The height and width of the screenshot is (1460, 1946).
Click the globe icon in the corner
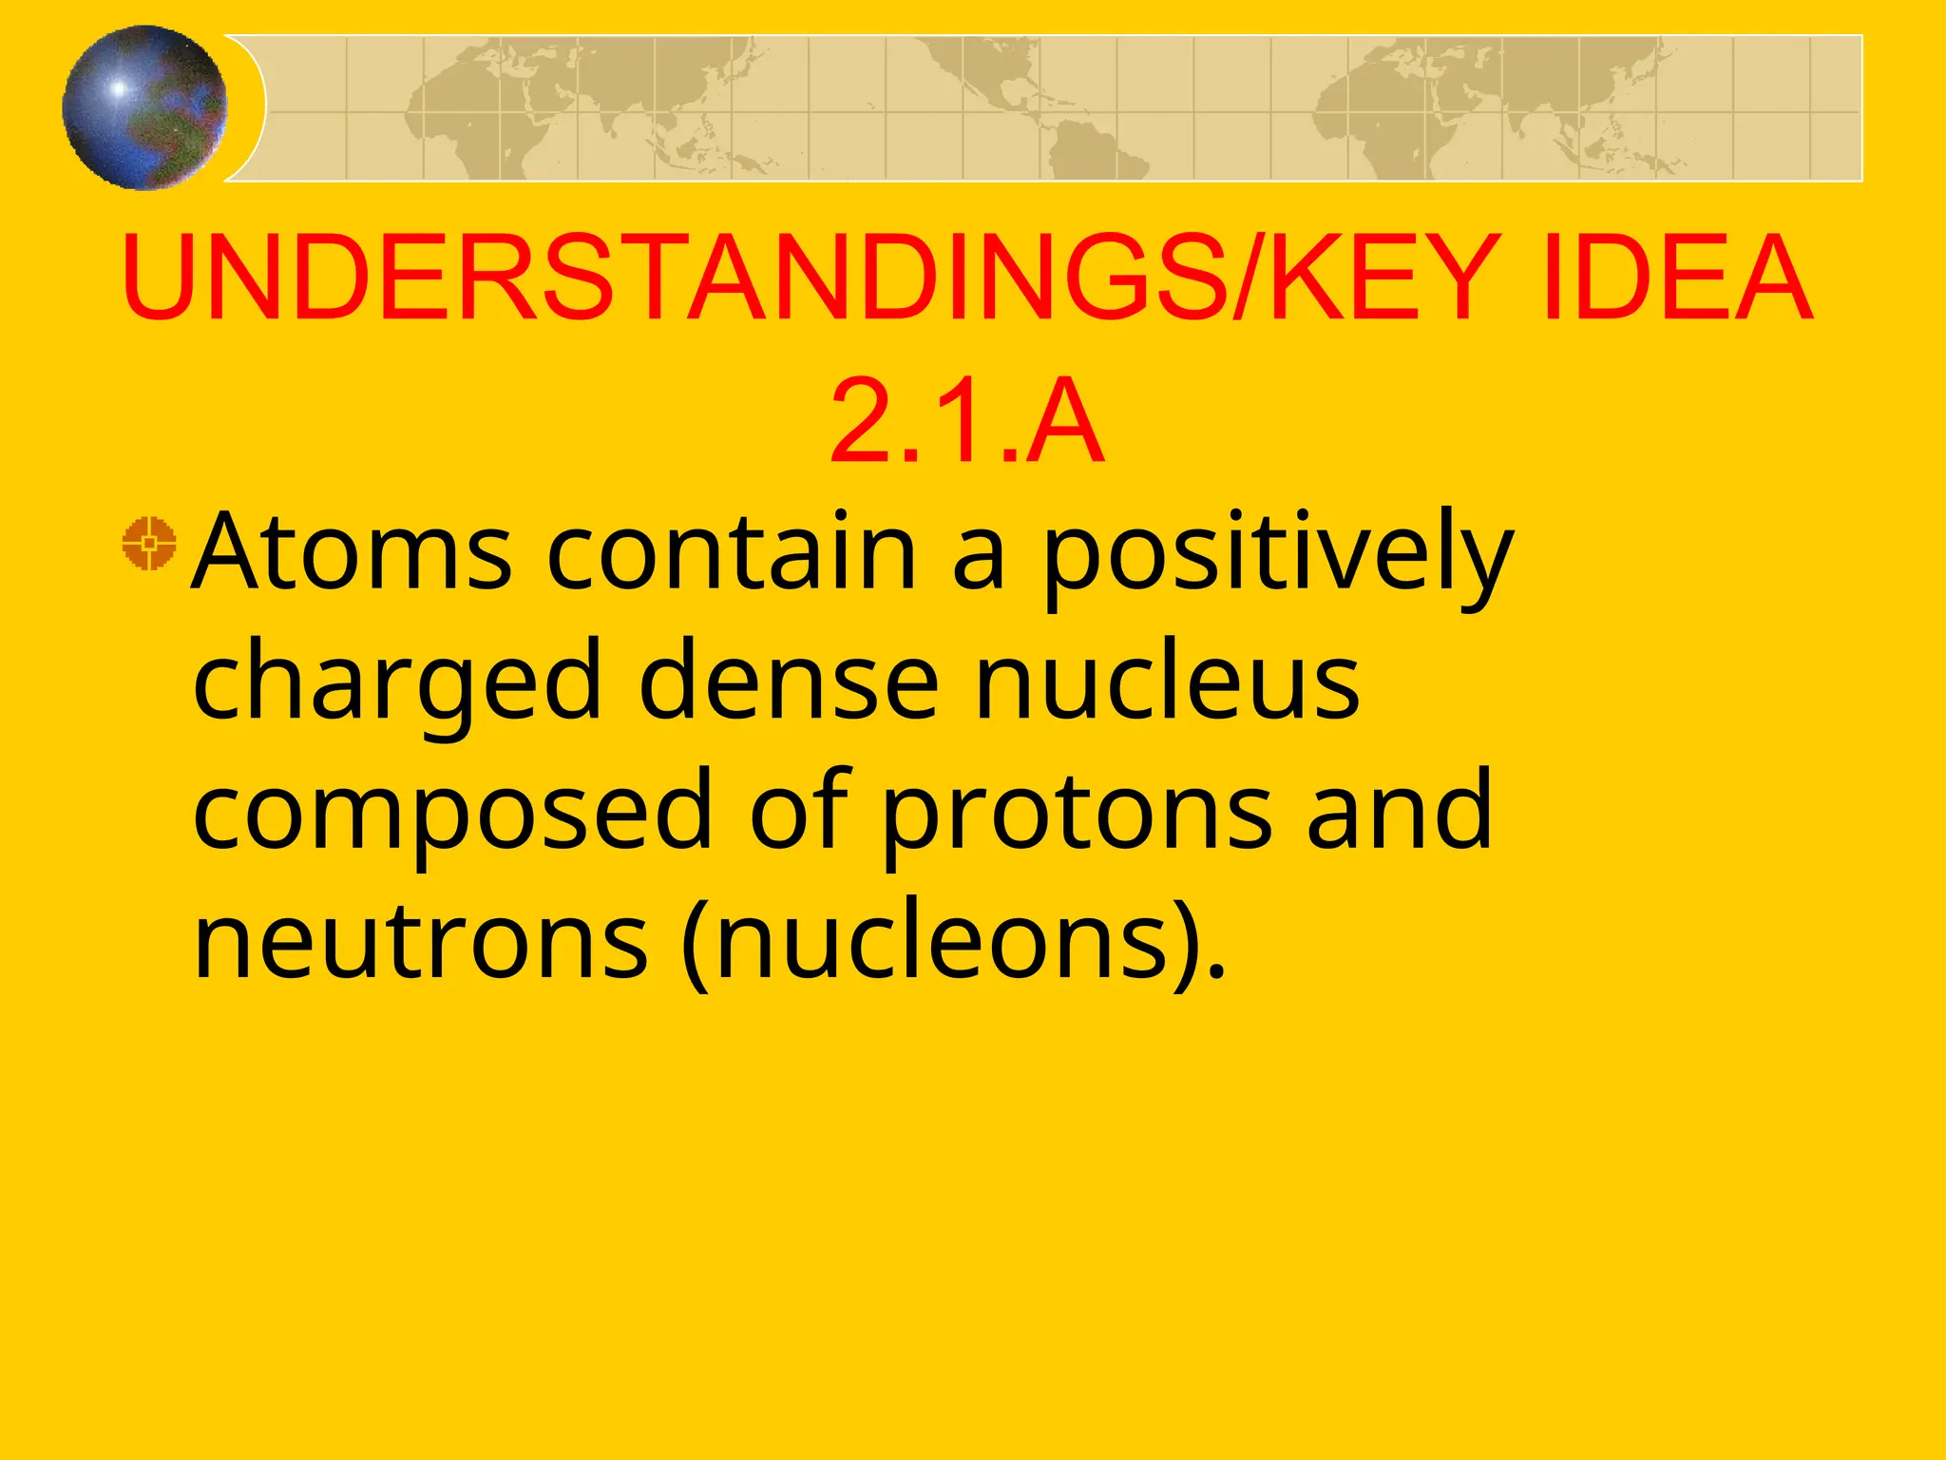click(144, 107)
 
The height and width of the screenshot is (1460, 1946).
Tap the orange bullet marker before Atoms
click(149, 544)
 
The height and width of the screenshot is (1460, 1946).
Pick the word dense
click(789, 681)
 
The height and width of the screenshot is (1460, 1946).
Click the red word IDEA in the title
click(1677, 279)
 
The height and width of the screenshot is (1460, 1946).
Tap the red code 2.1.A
click(966, 420)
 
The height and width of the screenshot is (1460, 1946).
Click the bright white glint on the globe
click(119, 88)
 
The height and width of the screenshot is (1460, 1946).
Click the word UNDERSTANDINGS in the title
click(675, 279)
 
